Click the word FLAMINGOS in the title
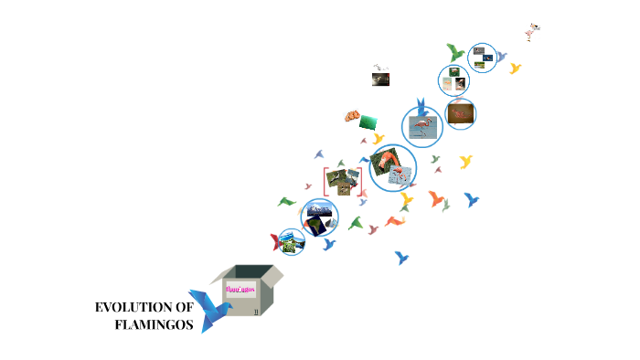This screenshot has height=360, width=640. click(x=155, y=323)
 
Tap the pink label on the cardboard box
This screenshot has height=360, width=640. click(x=240, y=290)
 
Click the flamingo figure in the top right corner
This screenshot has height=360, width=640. click(x=533, y=32)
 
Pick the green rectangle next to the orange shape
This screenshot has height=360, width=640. click(x=369, y=122)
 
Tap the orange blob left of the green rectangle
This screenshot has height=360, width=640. click(x=352, y=116)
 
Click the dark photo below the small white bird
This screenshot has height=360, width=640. click(x=381, y=79)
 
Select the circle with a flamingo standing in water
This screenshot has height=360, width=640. click(x=422, y=126)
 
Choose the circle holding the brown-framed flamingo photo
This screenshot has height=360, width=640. click(x=460, y=113)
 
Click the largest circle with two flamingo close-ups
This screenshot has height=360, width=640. click(x=392, y=167)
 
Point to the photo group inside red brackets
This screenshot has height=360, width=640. click(x=343, y=180)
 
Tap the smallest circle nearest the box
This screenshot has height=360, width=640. click(x=291, y=241)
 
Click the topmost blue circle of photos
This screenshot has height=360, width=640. click(x=482, y=57)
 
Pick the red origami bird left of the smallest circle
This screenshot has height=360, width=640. click(x=275, y=242)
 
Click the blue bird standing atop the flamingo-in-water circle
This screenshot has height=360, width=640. click(x=421, y=106)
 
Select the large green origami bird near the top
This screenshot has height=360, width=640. click(x=455, y=52)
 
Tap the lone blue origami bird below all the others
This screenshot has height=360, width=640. click(x=400, y=258)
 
